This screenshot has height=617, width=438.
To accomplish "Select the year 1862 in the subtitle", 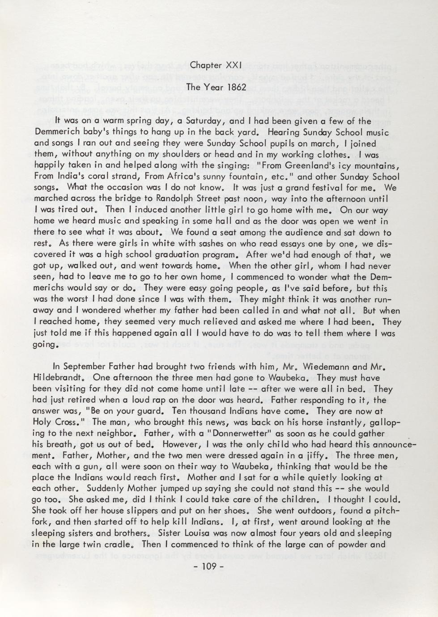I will point(235,87).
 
